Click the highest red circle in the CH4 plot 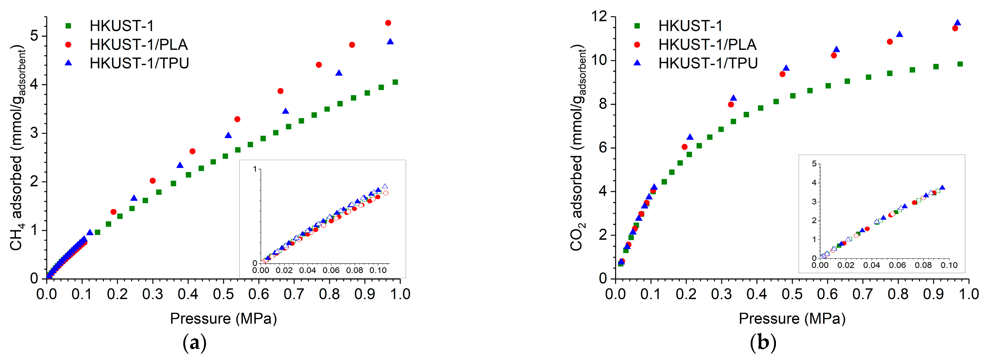pyautogui.click(x=388, y=23)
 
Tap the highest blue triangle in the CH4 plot pyautogui.click(x=390, y=41)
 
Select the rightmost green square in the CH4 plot pyautogui.click(x=395, y=82)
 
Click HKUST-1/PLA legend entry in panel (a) pyautogui.click(x=138, y=45)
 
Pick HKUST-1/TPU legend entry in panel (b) pyautogui.click(x=708, y=63)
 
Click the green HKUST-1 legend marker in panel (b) pyautogui.click(x=637, y=26)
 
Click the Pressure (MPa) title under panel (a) pyautogui.click(x=223, y=319)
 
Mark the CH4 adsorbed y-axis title pyautogui.click(x=17, y=148)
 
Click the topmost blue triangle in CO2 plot pyautogui.click(x=957, y=23)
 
